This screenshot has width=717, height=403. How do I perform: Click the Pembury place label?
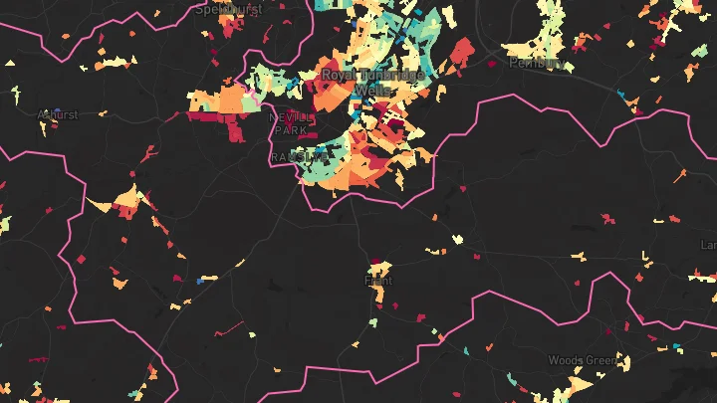click(535, 62)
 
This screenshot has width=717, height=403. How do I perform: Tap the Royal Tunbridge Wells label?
click(374, 82)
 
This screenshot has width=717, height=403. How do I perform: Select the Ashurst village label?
click(57, 114)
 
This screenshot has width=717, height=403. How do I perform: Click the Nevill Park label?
click(291, 123)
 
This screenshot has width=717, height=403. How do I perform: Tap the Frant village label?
click(378, 281)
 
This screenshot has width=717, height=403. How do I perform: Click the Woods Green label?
click(582, 359)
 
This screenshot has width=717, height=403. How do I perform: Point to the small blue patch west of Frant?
click(201, 281)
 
